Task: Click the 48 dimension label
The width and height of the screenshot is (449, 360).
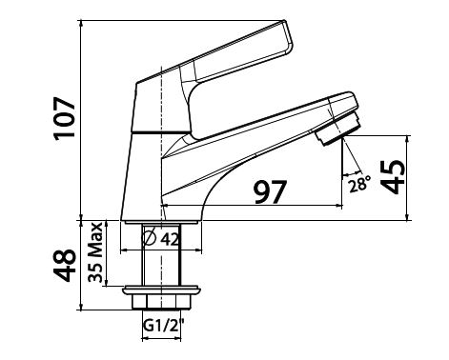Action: point(64,266)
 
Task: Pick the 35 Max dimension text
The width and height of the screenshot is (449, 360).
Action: point(96,252)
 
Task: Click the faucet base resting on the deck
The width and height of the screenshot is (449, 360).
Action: point(163,217)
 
